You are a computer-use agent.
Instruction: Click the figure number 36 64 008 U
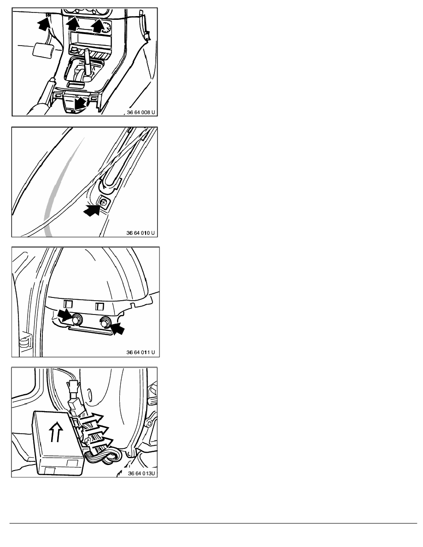[x=141, y=112]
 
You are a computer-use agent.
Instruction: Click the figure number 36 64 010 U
[x=140, y=233]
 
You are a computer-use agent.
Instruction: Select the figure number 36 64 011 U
[x=140, y=352]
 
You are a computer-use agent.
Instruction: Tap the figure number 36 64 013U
[x=141, y=473]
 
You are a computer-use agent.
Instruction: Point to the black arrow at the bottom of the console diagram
[x=81, y=103]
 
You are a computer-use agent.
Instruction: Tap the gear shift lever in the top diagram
[x=87, y=63]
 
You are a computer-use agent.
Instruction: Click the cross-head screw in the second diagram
[x=103, y=201]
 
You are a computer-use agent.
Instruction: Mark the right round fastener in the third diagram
[x=105, y=323]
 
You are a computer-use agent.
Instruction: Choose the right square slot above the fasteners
[x=100, y=306]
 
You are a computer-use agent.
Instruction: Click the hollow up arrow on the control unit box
[x=56, y=432]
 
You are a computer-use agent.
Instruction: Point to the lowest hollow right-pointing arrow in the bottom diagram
[x=101, y=443]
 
